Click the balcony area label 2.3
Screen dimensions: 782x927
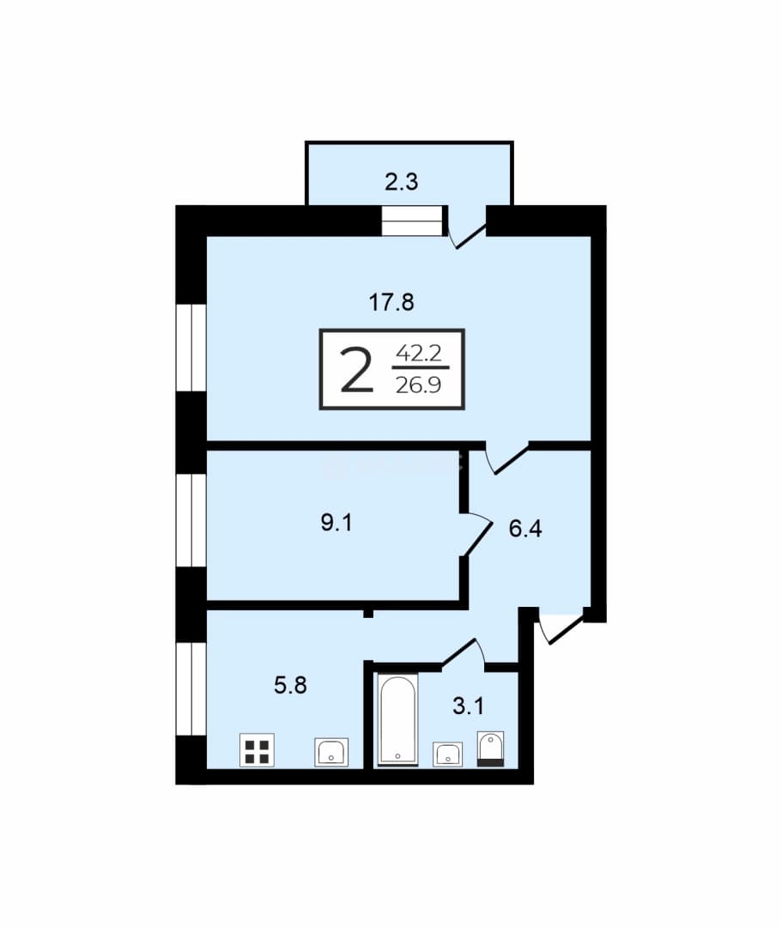click(402, 182)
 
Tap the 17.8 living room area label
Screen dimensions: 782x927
click(391, 302)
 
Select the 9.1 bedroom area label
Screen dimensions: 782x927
click(336, 523)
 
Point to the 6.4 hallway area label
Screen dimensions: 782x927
click(524, 528)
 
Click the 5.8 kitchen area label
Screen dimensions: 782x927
click(290, 685)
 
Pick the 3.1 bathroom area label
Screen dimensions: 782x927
click(468, 706)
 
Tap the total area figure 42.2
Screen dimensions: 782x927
click(419, 354)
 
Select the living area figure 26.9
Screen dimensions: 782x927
click(419, 385)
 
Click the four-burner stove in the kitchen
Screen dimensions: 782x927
click(258, 750)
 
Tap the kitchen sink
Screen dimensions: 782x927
click(331, 752)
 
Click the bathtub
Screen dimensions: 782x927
click(397, 719)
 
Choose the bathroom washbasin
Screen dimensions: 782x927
click(447, 754)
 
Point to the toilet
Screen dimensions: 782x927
click(491, 749)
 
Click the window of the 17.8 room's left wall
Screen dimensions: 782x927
click(191, 347)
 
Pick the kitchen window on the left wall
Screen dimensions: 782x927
click(191, 688)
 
